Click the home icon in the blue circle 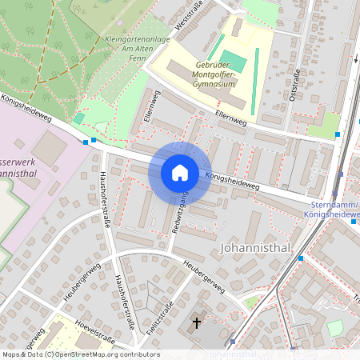click(x=180, y=173)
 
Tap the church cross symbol click(x=197, y=323)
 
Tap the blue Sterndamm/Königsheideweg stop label click(x=334, y=210)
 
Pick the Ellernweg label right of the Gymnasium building click(x=230, y=119)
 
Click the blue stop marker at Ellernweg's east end click(x=338, y=134)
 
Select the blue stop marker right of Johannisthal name click(x=301, y=258)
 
